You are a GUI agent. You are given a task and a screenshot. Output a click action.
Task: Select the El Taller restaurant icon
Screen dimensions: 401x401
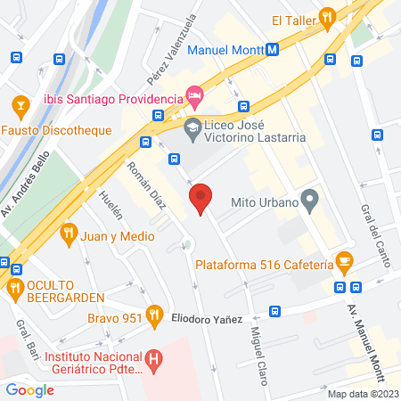[328, 16]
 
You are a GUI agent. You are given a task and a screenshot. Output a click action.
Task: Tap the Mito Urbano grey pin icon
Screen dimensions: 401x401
[309, 199]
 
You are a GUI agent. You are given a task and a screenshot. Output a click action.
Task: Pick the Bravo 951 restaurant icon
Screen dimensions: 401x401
[154, 314]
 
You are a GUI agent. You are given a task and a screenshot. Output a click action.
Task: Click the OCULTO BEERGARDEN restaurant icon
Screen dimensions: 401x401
[13, 287]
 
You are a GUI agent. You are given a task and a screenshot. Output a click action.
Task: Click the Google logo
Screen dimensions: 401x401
[30, 389]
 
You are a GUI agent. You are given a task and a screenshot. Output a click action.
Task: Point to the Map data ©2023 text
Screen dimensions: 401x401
[362, 394]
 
